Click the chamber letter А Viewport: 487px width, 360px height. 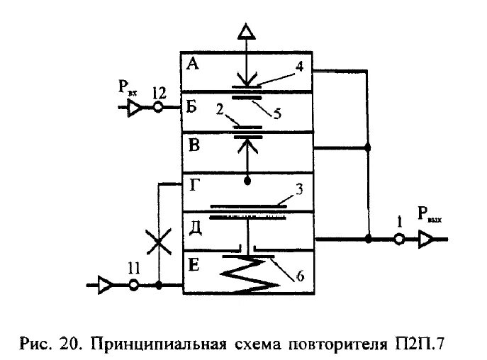pos(192,64)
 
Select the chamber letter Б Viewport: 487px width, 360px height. pos(191,108)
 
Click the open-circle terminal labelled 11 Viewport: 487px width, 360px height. pos(133,286)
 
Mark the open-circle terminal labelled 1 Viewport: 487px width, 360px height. pos(400,240)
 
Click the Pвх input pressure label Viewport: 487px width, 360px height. pos(128,89)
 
